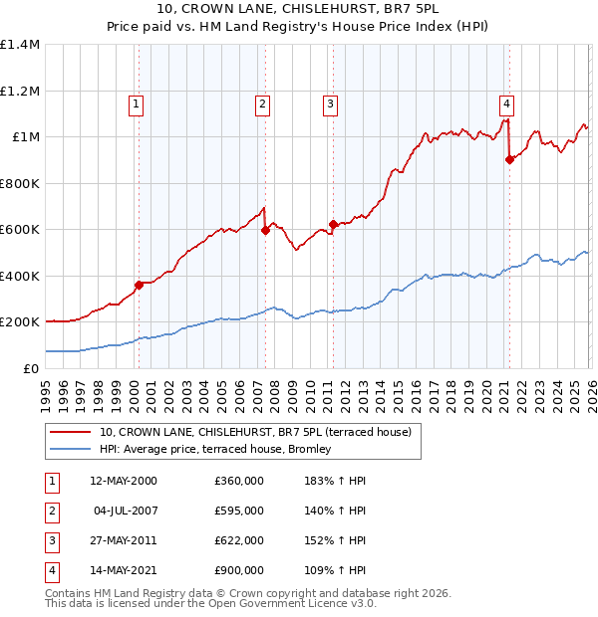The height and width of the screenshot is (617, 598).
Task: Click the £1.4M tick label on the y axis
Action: [20, 45]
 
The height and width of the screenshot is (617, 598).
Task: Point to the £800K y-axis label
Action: [20, 183]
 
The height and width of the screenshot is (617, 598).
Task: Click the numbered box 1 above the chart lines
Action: [136, 103]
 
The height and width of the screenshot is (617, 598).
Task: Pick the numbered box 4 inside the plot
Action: [506, 103]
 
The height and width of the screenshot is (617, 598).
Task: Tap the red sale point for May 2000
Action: [139, 286]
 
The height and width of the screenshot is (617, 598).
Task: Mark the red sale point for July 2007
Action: [265, 231]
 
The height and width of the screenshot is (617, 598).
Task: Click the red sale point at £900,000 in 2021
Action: [509, 159]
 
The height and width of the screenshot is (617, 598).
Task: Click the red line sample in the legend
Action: [71, 432]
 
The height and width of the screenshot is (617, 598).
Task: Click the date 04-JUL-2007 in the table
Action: [127, 511]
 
